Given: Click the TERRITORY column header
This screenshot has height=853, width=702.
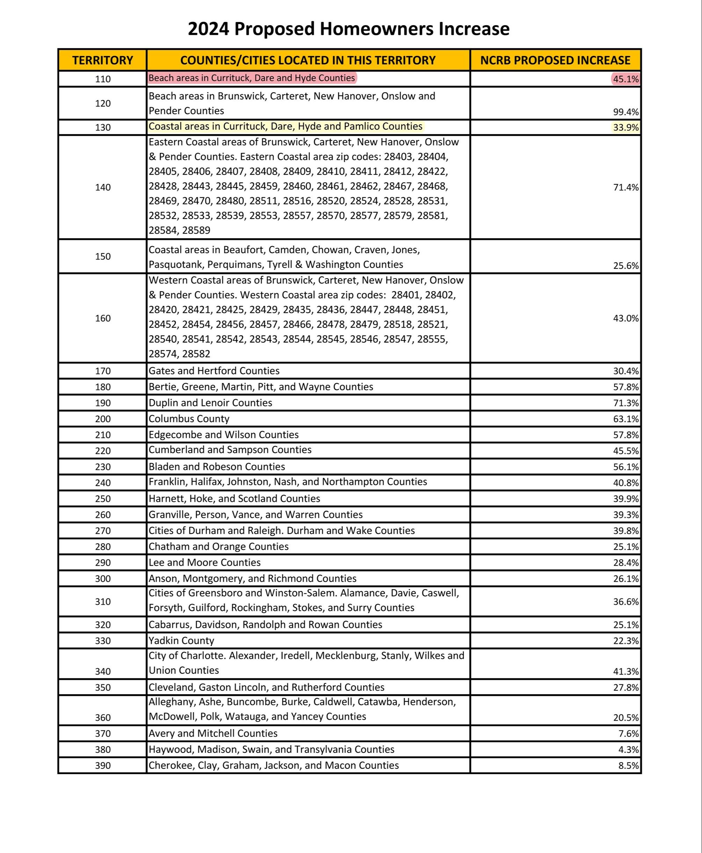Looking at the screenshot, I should click(102, 60).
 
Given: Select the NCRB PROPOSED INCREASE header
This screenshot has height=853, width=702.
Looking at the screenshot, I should click(555, 60).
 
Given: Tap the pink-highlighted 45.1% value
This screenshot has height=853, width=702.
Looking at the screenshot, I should click(625, 79).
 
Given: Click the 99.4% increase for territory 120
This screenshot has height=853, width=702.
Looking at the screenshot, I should click(625, 112).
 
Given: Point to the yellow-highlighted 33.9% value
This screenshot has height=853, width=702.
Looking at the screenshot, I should click(625, 128).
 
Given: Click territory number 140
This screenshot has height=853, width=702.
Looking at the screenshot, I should click(102, 187).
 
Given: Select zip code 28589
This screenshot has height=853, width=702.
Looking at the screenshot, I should click(196, 230).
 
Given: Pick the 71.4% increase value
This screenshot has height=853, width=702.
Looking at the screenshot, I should click(625, 187).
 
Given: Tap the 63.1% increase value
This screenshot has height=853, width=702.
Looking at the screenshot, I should click(625, 419).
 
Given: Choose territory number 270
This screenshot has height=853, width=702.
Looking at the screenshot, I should click(102, 530).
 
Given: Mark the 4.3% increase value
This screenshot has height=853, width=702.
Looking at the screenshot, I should click(628, 750).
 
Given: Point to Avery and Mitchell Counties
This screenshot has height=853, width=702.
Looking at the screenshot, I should click(213, 733).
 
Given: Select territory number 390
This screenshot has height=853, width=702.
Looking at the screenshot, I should click(102, 765).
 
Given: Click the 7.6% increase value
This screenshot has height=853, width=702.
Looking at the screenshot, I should click(628, 733).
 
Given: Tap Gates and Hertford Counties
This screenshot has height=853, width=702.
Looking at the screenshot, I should click(214, 370).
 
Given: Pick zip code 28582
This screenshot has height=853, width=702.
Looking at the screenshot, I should click(196, 354).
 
